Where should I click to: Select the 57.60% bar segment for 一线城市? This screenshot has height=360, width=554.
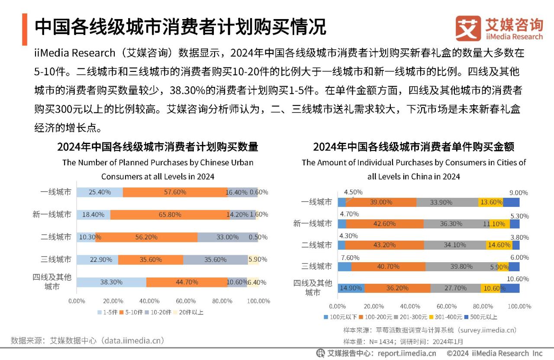point(175,192)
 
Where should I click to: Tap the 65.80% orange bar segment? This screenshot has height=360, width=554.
point(170,215)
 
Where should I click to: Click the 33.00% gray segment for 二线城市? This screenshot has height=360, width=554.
point(227,237)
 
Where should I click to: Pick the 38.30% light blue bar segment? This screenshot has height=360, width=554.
point(111,282)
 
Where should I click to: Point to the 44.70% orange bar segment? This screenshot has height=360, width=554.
point(187,282)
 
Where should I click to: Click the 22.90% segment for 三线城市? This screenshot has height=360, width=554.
point(97,260)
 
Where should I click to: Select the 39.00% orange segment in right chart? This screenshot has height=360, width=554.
point(381,202)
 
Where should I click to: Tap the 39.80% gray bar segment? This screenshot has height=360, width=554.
point(461,267)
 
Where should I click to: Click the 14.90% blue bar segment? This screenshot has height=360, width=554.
point(351,288)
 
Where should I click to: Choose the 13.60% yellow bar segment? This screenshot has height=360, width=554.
point(491,202)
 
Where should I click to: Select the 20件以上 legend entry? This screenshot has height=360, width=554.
point(188,312)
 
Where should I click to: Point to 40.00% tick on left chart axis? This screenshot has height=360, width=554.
point(149,301)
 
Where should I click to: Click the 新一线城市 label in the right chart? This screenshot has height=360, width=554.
point(312,223)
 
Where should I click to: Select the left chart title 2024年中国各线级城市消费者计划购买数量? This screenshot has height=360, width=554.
point(158,147)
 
